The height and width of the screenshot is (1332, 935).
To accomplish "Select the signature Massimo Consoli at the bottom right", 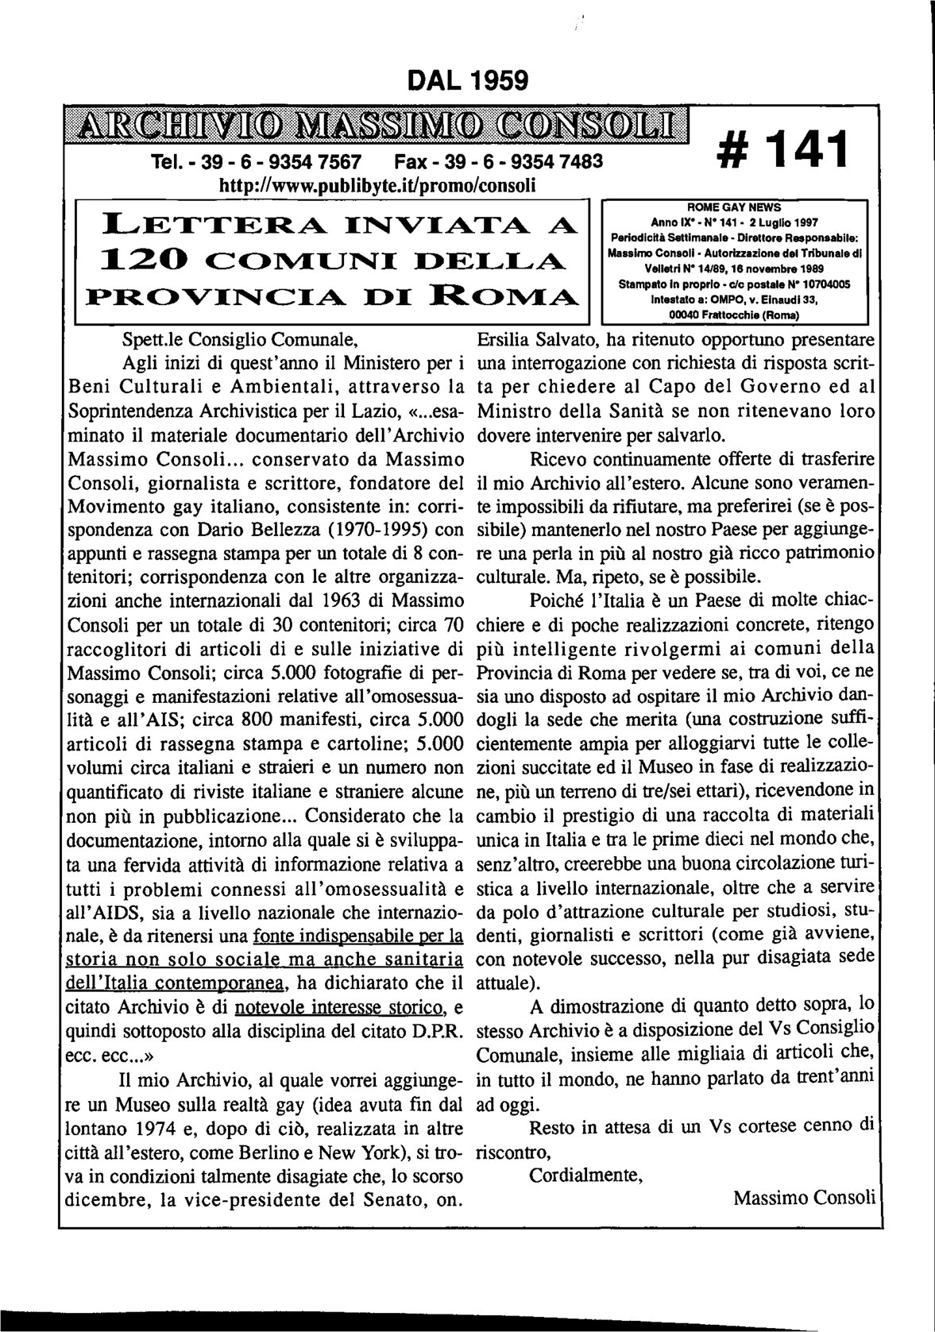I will [x=804, y=1196].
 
